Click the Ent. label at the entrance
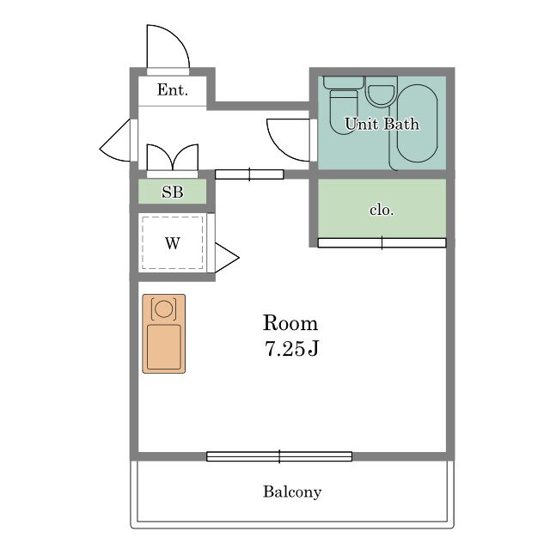coord(172,89)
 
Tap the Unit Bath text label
coord(382,124)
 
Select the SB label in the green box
coord(172,192)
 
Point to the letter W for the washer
coord(173,242)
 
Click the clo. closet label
coord(382,210)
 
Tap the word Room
coord(290,323)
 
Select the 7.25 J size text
coord(291,349)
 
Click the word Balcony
coord(292,492)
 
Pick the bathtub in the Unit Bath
coord(417,124)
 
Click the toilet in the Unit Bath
coord(344,105)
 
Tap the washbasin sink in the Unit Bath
coord(381,92)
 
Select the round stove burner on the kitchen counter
coord(163,309)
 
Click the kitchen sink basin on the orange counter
coord(164,347)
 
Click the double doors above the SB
coord(172,158)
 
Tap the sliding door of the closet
coord(382,242)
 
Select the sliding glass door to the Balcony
coord(279,456)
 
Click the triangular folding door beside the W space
coord(227,258)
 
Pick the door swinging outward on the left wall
coord(116,140)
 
